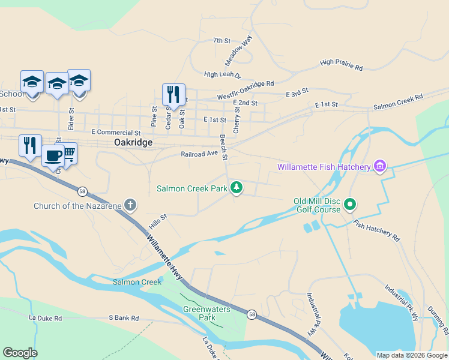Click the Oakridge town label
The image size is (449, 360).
(133, 143)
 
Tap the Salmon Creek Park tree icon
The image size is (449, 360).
(237, 188)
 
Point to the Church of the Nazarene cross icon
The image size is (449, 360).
(130, 206)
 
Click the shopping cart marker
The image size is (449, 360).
(69, 154)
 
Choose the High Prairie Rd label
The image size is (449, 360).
(342, 65)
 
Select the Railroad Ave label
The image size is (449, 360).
(199, 154)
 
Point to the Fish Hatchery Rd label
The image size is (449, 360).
(376, 230)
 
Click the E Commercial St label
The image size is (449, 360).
(116, 132)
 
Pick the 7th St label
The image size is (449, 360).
(221, 41)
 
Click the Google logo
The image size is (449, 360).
(20, 353)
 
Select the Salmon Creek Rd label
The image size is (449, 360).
(398, 101)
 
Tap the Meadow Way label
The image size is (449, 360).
(239, 50)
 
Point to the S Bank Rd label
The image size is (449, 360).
(123, 318)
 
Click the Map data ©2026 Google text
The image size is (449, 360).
(411, 355)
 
